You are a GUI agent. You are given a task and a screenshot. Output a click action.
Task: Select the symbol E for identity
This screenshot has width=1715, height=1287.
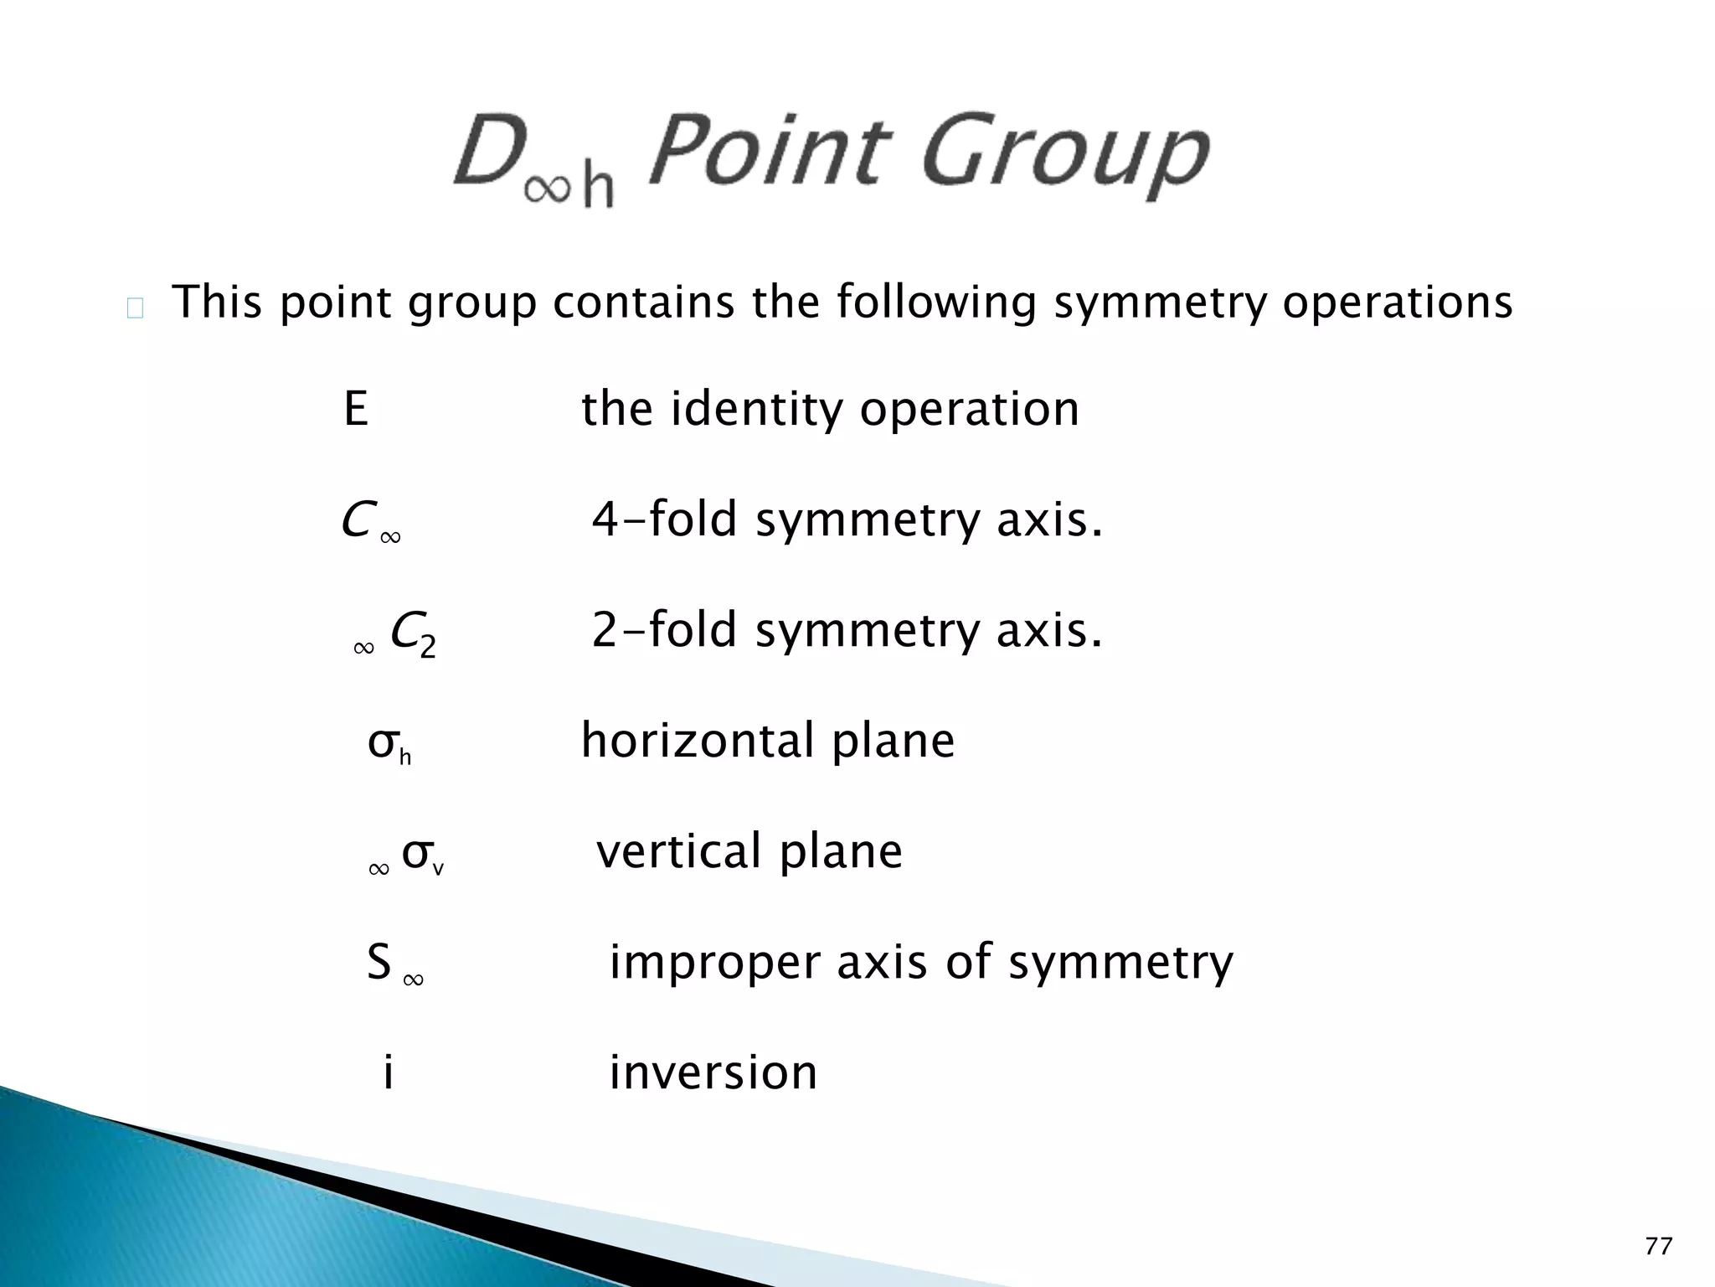click(356, 410)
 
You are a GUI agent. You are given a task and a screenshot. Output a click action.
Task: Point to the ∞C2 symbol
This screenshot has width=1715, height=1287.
click(394, 634)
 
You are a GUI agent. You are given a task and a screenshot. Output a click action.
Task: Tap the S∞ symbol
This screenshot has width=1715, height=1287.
click(394, 964)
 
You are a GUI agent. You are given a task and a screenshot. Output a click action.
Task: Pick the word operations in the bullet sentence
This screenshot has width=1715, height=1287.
click(1398, 303)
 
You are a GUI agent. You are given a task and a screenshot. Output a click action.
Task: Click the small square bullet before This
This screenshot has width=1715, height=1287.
click(135, 309)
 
